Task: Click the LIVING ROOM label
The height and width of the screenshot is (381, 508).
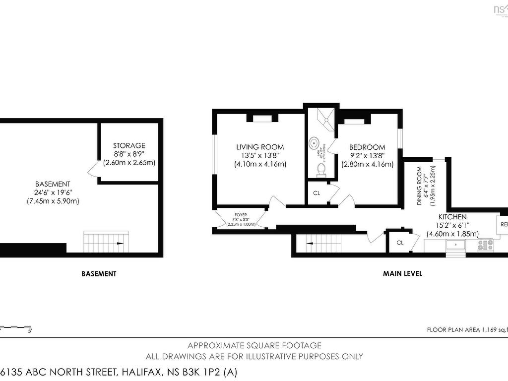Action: click(x=260, y=147)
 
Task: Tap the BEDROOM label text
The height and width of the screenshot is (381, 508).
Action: click(x=367, y=147)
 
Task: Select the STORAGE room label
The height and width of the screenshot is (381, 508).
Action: click(x=129, y=145)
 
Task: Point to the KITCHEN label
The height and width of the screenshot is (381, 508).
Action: click(x=452, y=217)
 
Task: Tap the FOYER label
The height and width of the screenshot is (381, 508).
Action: click(x=240, y=215)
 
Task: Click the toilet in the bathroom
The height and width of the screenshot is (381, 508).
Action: click(x=320, y=171)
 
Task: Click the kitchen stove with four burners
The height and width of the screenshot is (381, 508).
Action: click(x=484, y=245)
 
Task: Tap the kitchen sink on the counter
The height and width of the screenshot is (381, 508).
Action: click(x=455, y=245)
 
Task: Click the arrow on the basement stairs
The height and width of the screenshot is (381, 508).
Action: click(x=120, y=244)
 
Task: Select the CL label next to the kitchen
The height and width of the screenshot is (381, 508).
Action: click(x=400, y=243)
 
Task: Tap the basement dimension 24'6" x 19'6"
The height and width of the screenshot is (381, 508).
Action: click(x=53, y=192)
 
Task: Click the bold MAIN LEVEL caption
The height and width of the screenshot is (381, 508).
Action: click(x=402, y=273)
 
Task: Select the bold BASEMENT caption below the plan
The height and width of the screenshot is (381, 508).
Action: click(x=99, y=273)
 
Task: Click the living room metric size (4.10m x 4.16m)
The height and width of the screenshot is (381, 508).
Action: click(x=260, y=164)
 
